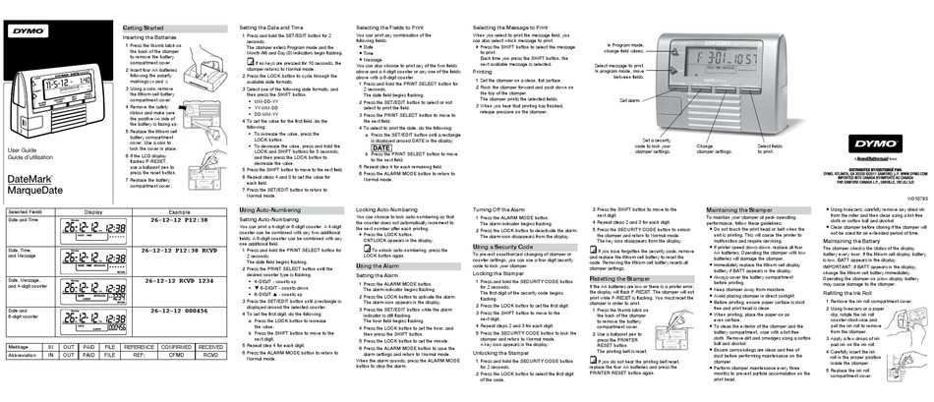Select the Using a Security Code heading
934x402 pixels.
click(505, 246)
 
